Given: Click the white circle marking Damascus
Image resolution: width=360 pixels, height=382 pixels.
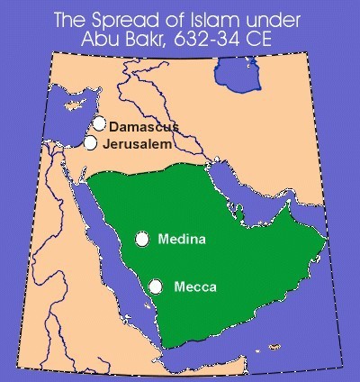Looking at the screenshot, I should (99, 125).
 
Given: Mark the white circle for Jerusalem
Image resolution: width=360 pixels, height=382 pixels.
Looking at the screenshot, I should (91, 142).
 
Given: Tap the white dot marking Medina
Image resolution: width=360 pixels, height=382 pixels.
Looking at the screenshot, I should (142, 239).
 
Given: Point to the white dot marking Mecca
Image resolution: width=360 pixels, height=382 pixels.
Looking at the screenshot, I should (156, 286).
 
